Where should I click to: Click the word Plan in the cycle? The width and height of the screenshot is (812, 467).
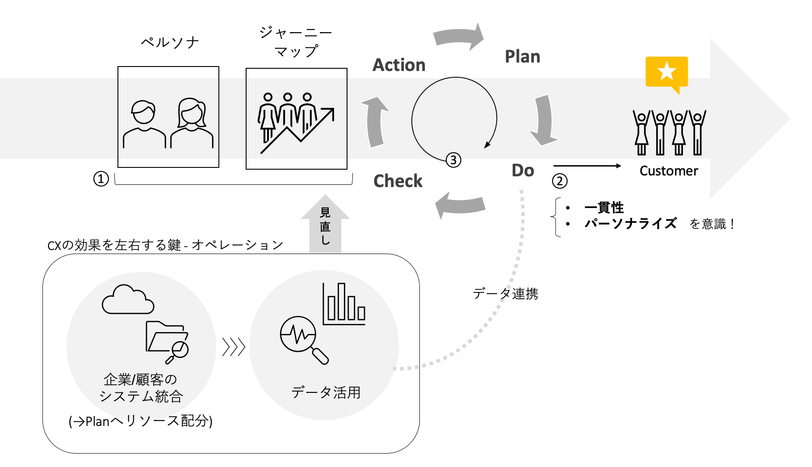click(522, 57)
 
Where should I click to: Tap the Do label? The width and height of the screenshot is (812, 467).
click(523, 171)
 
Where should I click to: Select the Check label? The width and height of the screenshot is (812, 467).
click(398, 181)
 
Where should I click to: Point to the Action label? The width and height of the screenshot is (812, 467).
click(399, 65)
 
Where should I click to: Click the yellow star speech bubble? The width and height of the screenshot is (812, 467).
click(666, 72)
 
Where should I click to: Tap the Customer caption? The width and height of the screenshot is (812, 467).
click(668, 171)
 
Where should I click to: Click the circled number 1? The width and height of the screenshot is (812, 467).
click(101, 179)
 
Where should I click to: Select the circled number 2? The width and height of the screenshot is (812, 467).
click(560, 181)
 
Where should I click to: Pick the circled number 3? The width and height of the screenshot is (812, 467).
click(453, 160)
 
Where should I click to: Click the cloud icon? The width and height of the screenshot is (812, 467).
click(128, 300)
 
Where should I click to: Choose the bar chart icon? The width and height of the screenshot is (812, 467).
click(344, 304)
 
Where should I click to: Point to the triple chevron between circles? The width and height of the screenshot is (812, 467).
click(234, 346)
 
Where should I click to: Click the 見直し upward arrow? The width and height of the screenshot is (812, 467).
click(325, 225)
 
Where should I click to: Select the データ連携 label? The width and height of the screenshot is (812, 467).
click(505, 294)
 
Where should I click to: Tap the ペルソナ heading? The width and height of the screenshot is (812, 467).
click(170, 42)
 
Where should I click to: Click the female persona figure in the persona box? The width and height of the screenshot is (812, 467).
click(192, 123)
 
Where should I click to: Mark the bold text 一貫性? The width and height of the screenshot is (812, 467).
click(604, 208)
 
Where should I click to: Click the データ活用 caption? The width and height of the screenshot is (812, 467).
click(326, 392)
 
